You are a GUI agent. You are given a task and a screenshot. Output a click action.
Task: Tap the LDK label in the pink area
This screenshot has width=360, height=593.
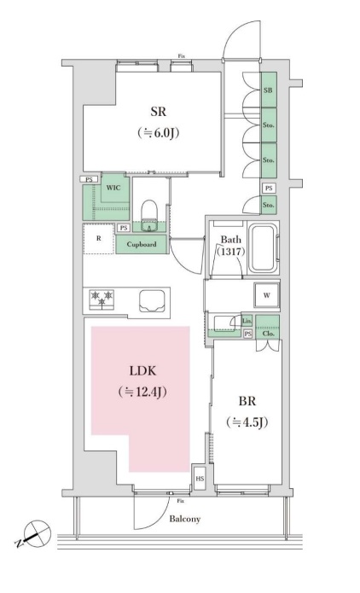pos(142,372)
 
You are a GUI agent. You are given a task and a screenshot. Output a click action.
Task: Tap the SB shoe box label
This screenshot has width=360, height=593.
pos(268,90)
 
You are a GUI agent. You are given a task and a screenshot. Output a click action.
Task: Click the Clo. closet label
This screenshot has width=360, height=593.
pos(268,334)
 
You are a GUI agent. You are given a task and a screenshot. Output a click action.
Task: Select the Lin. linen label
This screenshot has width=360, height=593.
pos(247,322)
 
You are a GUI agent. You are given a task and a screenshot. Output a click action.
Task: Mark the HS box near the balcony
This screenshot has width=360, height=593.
pos(200,480)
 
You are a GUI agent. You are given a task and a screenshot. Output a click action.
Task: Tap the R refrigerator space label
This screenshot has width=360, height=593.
pos(99,240)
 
